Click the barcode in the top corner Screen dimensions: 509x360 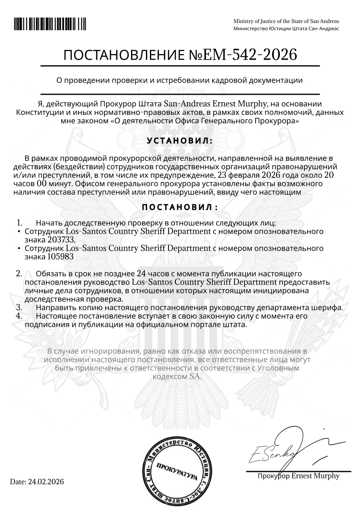point(50,24)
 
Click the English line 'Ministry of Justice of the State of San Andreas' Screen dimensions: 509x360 point(286,21)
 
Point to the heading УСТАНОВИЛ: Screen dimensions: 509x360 point(179,141)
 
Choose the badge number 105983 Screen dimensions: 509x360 point(60,256)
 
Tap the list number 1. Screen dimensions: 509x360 point(19,222)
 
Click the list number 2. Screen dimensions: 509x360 point(19,274)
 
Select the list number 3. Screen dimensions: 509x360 point(19,307)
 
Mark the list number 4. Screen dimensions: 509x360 point(19,316)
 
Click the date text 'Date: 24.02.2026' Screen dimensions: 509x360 point(37,482)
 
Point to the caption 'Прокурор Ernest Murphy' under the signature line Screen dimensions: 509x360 point(298,476)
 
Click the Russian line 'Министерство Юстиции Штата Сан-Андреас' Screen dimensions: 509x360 point(286,29)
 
